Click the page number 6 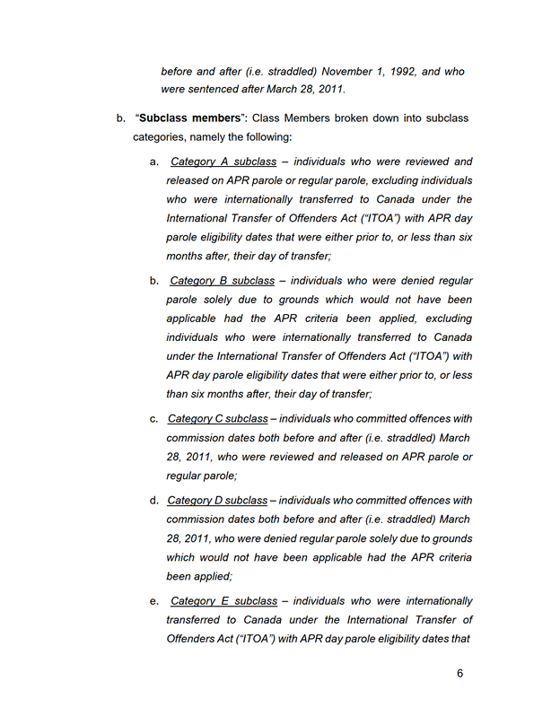coord(459,674)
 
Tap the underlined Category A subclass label coord(223,162)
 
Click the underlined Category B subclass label coord(223,281)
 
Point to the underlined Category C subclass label coord(218,418)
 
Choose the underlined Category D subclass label coord(218,500)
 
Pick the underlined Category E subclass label coord(223,600)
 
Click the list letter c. coord(153,418)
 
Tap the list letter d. coord(153,500)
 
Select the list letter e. coord(153,600)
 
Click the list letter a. coord(153,162)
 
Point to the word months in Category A coord(185,256)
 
